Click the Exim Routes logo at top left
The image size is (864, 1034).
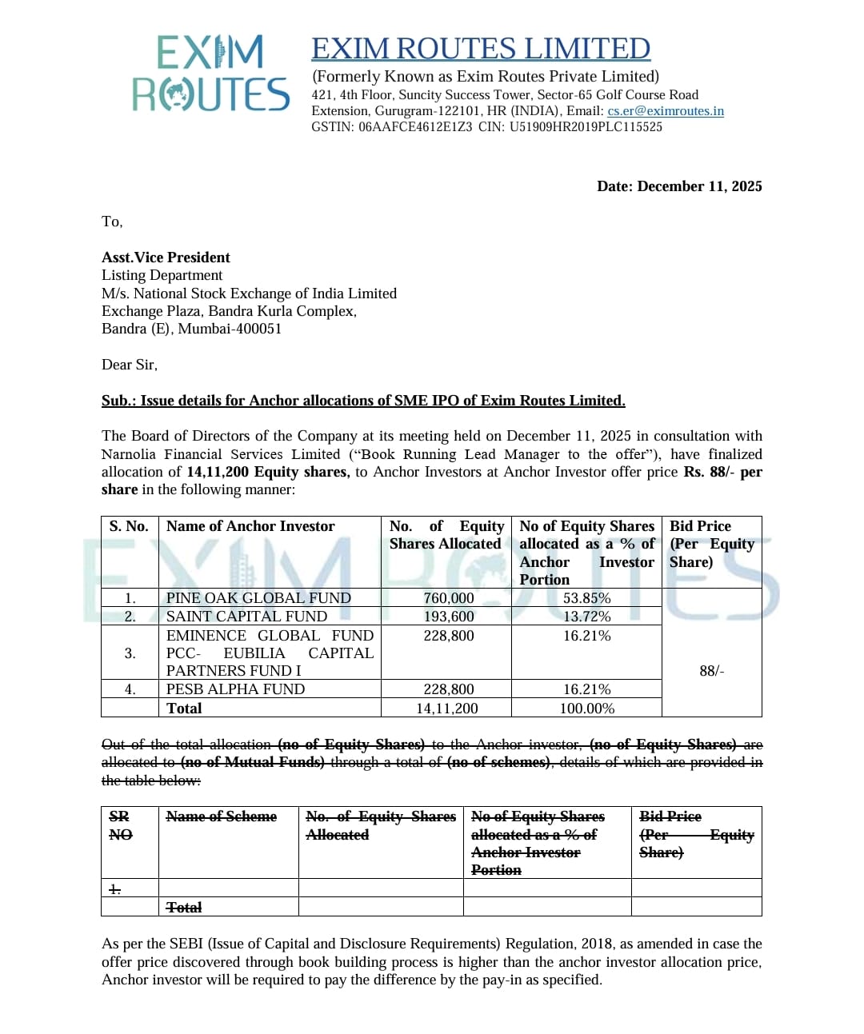210,74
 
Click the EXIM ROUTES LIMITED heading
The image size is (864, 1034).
481,49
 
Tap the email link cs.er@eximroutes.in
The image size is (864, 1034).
666,111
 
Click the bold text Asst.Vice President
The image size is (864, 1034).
166,258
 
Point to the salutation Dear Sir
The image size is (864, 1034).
130,365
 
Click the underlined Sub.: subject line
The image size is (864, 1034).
363,401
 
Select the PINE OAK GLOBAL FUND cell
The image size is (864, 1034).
258,598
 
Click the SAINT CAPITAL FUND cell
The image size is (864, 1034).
246,617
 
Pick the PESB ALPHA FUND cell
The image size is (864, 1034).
235,689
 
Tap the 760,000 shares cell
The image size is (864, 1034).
449,598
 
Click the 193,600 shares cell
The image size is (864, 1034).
449,617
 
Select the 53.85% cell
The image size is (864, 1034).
586,598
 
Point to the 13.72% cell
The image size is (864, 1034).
586,617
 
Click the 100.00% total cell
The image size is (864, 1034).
586,709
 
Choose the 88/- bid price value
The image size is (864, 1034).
711,671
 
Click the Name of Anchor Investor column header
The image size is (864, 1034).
250,526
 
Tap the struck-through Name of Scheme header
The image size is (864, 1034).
221,816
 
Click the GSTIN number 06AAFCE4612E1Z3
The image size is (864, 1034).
415,127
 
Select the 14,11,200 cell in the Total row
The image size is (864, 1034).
446,709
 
